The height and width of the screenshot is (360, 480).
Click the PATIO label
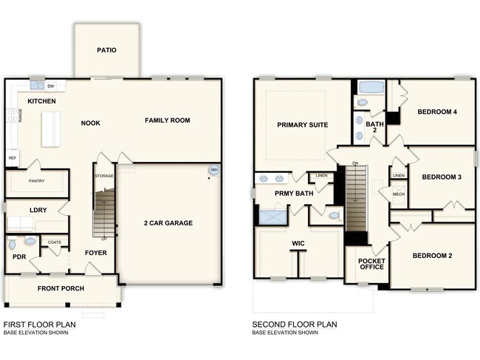tap(106, 50)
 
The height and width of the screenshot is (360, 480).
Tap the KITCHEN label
tap(41, 101)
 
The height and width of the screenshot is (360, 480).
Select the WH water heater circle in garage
tap(214, 170)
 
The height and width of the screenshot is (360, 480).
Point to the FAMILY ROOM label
tap(167, 120)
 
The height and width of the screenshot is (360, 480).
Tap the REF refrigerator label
tap(12, 157)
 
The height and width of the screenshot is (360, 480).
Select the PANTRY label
tap(37, 180)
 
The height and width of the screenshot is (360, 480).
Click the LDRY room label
tap(38, 210)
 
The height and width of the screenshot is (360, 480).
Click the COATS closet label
tap(54, 242)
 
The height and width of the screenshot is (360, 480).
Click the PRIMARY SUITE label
tap(302, 125)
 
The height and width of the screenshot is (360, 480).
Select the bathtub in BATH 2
tap(370, 87)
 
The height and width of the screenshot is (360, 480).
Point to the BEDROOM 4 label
tap(436, 112)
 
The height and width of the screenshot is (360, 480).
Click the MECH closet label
tap(399, 194)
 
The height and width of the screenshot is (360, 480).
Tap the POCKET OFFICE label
tap(371, 264)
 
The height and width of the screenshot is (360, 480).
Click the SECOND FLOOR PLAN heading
tap(295, 324)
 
